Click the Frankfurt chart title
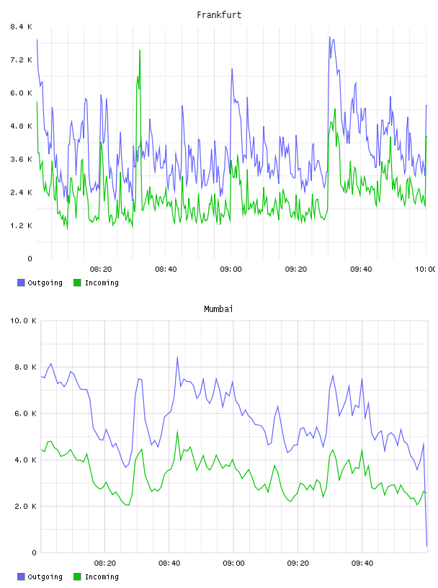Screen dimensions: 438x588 pos(219,15)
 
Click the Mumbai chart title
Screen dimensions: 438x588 pos(218,309)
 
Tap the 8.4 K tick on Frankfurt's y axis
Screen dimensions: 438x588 pos(21,27)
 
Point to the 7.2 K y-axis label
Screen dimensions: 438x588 pos(21,60)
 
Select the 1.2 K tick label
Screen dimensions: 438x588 pos(21,226)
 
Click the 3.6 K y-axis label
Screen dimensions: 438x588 pos(21,159)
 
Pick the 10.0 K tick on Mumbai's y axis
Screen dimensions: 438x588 pos(23,321)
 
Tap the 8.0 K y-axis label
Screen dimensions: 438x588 pos(25,367)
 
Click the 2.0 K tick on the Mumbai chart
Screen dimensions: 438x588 pos(25,507)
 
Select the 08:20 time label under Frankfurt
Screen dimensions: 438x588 pos(101,269)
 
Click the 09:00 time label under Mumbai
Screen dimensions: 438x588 pos(233,563)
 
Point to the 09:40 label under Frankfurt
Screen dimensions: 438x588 pos(361,269)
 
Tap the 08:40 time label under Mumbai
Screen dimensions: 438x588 pos(169,563)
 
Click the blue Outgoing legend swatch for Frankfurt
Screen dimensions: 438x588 pos(21,282)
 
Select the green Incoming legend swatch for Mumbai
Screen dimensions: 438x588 pos(77,576)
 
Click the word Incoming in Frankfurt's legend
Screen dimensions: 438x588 pos(102,283)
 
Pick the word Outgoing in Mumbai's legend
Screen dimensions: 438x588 pos(45,577)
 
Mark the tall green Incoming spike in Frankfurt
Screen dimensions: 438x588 pos(140,50)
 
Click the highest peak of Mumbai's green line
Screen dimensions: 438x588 pos(177,432)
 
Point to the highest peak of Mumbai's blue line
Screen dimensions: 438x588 pos(177,357)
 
